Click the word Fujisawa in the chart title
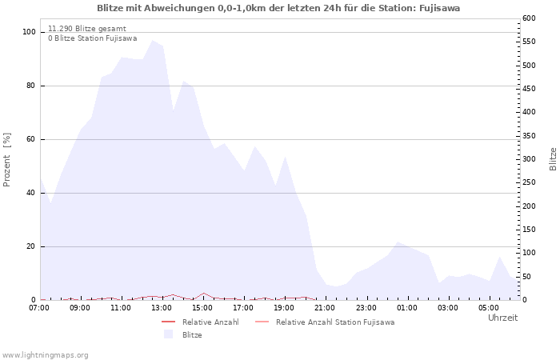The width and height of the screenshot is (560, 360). tap(438, 8)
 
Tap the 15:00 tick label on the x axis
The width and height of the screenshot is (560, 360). tap(202, 307)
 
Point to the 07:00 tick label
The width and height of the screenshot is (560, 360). tap(39, 307)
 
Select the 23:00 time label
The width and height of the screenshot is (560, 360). tap(366, 307)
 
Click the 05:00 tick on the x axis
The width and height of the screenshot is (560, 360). tap(489, 307)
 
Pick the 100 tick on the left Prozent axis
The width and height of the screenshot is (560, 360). tap(30, 32)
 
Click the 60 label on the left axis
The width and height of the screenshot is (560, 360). tap(32, 139)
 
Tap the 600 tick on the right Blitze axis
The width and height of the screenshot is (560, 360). tap(530, 18)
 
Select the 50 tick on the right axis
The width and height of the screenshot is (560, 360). tap(527, 277)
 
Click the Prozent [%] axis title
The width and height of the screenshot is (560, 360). tap(7, 160)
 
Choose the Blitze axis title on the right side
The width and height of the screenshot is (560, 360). tap(553, 158)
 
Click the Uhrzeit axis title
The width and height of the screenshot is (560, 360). tap(502, 318)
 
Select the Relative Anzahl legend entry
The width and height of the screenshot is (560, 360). tap(210, 322)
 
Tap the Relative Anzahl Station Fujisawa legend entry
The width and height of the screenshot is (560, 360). tap(334, 322)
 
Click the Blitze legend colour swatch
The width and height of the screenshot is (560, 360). tap(168, 335)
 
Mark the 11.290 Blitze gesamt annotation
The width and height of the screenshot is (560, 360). tap(86, 28)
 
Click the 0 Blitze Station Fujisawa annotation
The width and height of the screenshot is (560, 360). tap(92, 38)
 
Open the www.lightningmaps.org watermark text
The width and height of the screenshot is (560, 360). tap(46, 354)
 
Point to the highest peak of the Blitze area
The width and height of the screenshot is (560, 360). tap(152, 40)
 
